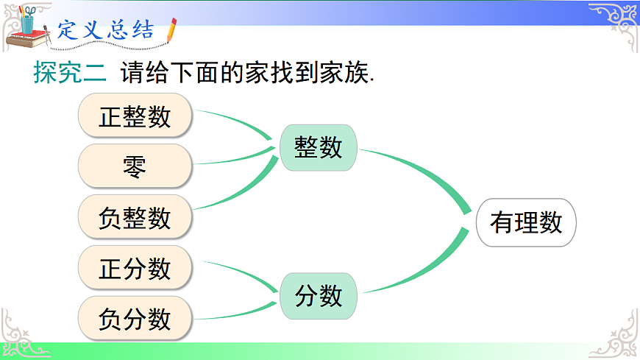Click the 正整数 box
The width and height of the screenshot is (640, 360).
(x=135, y=116)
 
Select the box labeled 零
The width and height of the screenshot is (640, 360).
(x=135, y=166)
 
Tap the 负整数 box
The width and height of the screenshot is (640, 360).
(x=135, y=217)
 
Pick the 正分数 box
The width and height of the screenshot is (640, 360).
(x=135, y=268)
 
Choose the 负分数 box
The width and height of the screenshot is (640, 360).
(x=135, y=319)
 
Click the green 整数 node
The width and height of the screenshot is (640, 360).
(x=319, y=147)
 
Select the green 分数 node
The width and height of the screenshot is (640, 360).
(x=319, y=296)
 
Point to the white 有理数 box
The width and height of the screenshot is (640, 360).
(x=526, y=222)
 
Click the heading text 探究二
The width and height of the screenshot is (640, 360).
(x=70, y=74)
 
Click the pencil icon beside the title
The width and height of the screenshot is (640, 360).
(x=171, y=30)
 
